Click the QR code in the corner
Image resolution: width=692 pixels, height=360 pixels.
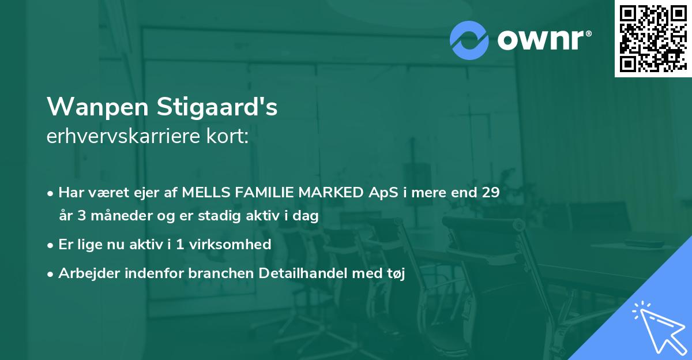tap(653, 39)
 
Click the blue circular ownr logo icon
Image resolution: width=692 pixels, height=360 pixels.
tap(469, 40)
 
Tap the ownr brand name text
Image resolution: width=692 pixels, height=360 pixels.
tap(544, 40)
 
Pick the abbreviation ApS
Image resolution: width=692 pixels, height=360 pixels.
tap(383, 193)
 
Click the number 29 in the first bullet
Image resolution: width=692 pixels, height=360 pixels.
tap(490, 193)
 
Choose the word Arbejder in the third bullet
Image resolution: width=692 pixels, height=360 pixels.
tap(86, 273)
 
